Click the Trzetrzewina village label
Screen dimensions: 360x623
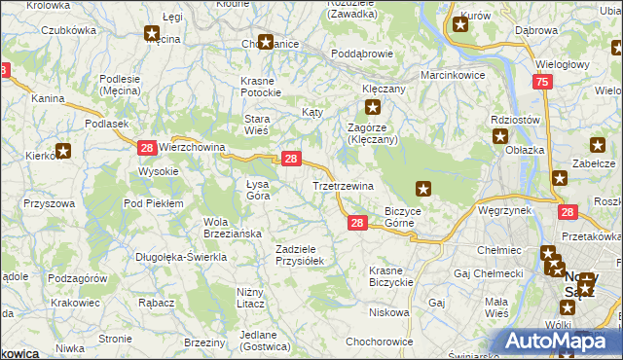pyautogui.click(x=343, y=185)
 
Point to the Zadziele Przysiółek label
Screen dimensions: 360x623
pyautogui.click(x=306, y=255)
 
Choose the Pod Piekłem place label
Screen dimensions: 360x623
pyautogui.click(x=153, y=202)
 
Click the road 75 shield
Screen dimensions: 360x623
pyautogui.click(x=542, y=85)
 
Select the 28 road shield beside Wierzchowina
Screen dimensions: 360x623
pyautogui.click(x=146, y=147)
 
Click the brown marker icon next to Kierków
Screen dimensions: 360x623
pyautogui.click(x=64, y=150)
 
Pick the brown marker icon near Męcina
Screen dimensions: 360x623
pyautogui.click(x=153, y=35)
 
